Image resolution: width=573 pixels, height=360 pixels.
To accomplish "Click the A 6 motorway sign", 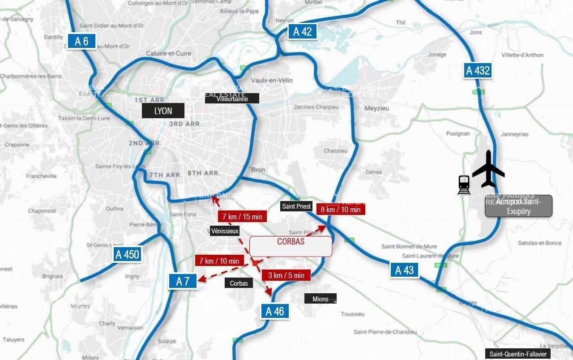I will coord(81,41).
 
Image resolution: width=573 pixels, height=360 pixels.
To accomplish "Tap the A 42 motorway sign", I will coord(302,31).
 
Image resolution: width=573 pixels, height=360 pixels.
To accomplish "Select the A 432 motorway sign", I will coord(478,70).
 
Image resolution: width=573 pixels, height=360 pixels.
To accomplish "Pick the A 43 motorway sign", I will coord(404,270).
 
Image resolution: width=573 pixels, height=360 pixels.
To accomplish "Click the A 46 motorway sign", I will coord(275,311).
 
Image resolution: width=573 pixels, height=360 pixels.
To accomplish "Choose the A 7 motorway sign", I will coord(183,281).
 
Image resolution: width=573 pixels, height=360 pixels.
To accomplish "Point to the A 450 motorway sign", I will coord(127,254).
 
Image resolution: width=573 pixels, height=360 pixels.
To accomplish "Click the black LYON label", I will coord(163,111).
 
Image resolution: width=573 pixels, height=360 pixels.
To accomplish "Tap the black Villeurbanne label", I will coord(232,99).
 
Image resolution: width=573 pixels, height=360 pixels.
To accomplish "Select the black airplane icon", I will coord(488,169).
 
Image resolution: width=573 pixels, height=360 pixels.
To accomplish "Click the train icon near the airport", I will coord(464,185).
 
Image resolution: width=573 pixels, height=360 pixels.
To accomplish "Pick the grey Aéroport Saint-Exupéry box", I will coord(518,206).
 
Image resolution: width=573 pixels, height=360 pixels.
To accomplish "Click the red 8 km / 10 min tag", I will coord(340,209).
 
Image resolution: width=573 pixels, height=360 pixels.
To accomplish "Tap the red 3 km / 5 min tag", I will coord(286,275).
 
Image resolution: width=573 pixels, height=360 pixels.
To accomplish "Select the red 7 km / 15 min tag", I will coord(242,216).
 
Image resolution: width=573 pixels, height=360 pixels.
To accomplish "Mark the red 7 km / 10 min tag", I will coord(219,261).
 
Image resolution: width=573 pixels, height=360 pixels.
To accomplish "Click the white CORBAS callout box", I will coord(291,246).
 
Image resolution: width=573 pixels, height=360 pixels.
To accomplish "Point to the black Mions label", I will coord(320,299).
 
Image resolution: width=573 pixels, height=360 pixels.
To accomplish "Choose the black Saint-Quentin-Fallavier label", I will coord(518,354).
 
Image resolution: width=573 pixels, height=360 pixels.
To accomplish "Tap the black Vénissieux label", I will coord(225,231).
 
